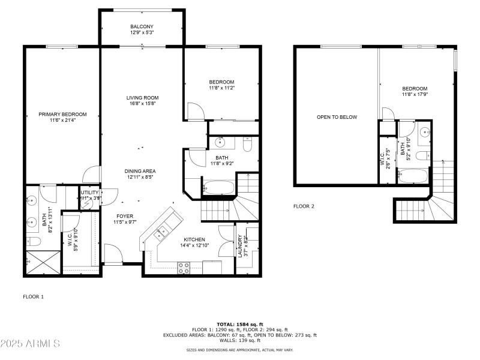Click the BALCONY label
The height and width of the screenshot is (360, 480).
(142, 27)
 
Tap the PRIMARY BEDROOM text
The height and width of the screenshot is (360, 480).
(62, 114)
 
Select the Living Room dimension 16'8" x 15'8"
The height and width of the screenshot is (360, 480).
(142, 104)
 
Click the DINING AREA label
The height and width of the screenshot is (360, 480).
(141, 171)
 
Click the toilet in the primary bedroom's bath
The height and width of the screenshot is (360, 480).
(34, 241)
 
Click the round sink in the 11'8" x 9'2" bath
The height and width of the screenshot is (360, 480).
(220, 142)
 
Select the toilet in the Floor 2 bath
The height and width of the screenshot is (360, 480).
(423, 155)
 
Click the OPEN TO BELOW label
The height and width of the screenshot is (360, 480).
(337, 117)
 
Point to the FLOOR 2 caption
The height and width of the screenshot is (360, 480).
(304, 206)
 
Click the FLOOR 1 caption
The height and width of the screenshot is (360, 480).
(33, 296)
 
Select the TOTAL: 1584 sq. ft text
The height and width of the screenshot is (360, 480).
(240, 324)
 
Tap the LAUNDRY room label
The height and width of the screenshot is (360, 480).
(240, 246)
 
